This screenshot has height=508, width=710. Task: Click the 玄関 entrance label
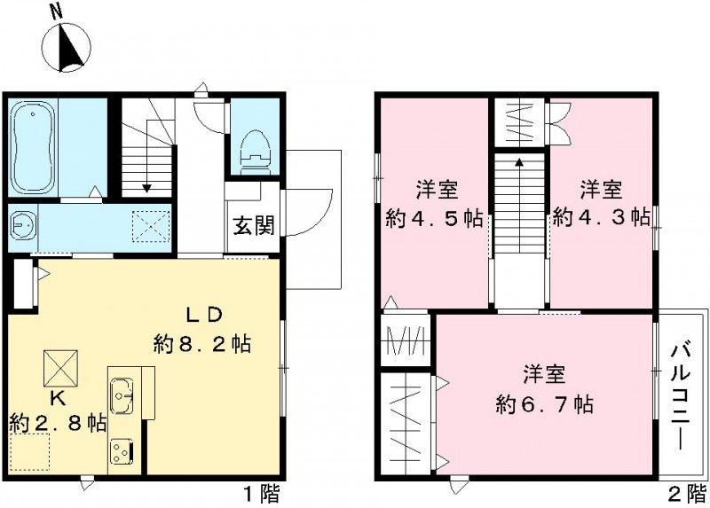254,225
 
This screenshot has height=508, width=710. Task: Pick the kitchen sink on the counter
122,392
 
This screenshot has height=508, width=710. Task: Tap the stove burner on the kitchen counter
120,450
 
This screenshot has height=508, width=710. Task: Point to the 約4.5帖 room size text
435,218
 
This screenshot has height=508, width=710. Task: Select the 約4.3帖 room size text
601,218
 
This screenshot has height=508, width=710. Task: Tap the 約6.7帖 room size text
544,404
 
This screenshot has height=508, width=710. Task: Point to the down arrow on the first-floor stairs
146,187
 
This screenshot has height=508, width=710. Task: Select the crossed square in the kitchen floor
61,364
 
